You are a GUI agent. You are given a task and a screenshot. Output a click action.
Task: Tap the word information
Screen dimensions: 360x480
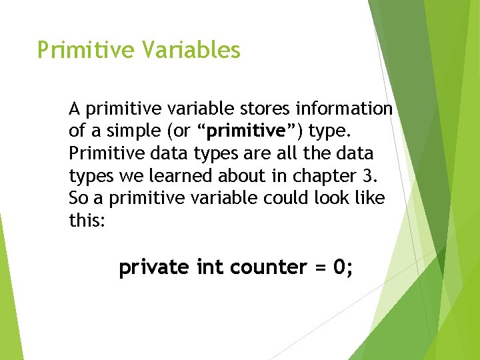[x=354, y=108]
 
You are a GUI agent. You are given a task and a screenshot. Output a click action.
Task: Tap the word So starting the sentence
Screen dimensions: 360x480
[x=78, y=199]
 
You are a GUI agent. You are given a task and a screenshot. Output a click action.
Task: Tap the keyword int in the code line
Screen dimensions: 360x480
[x=210, y=268]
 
